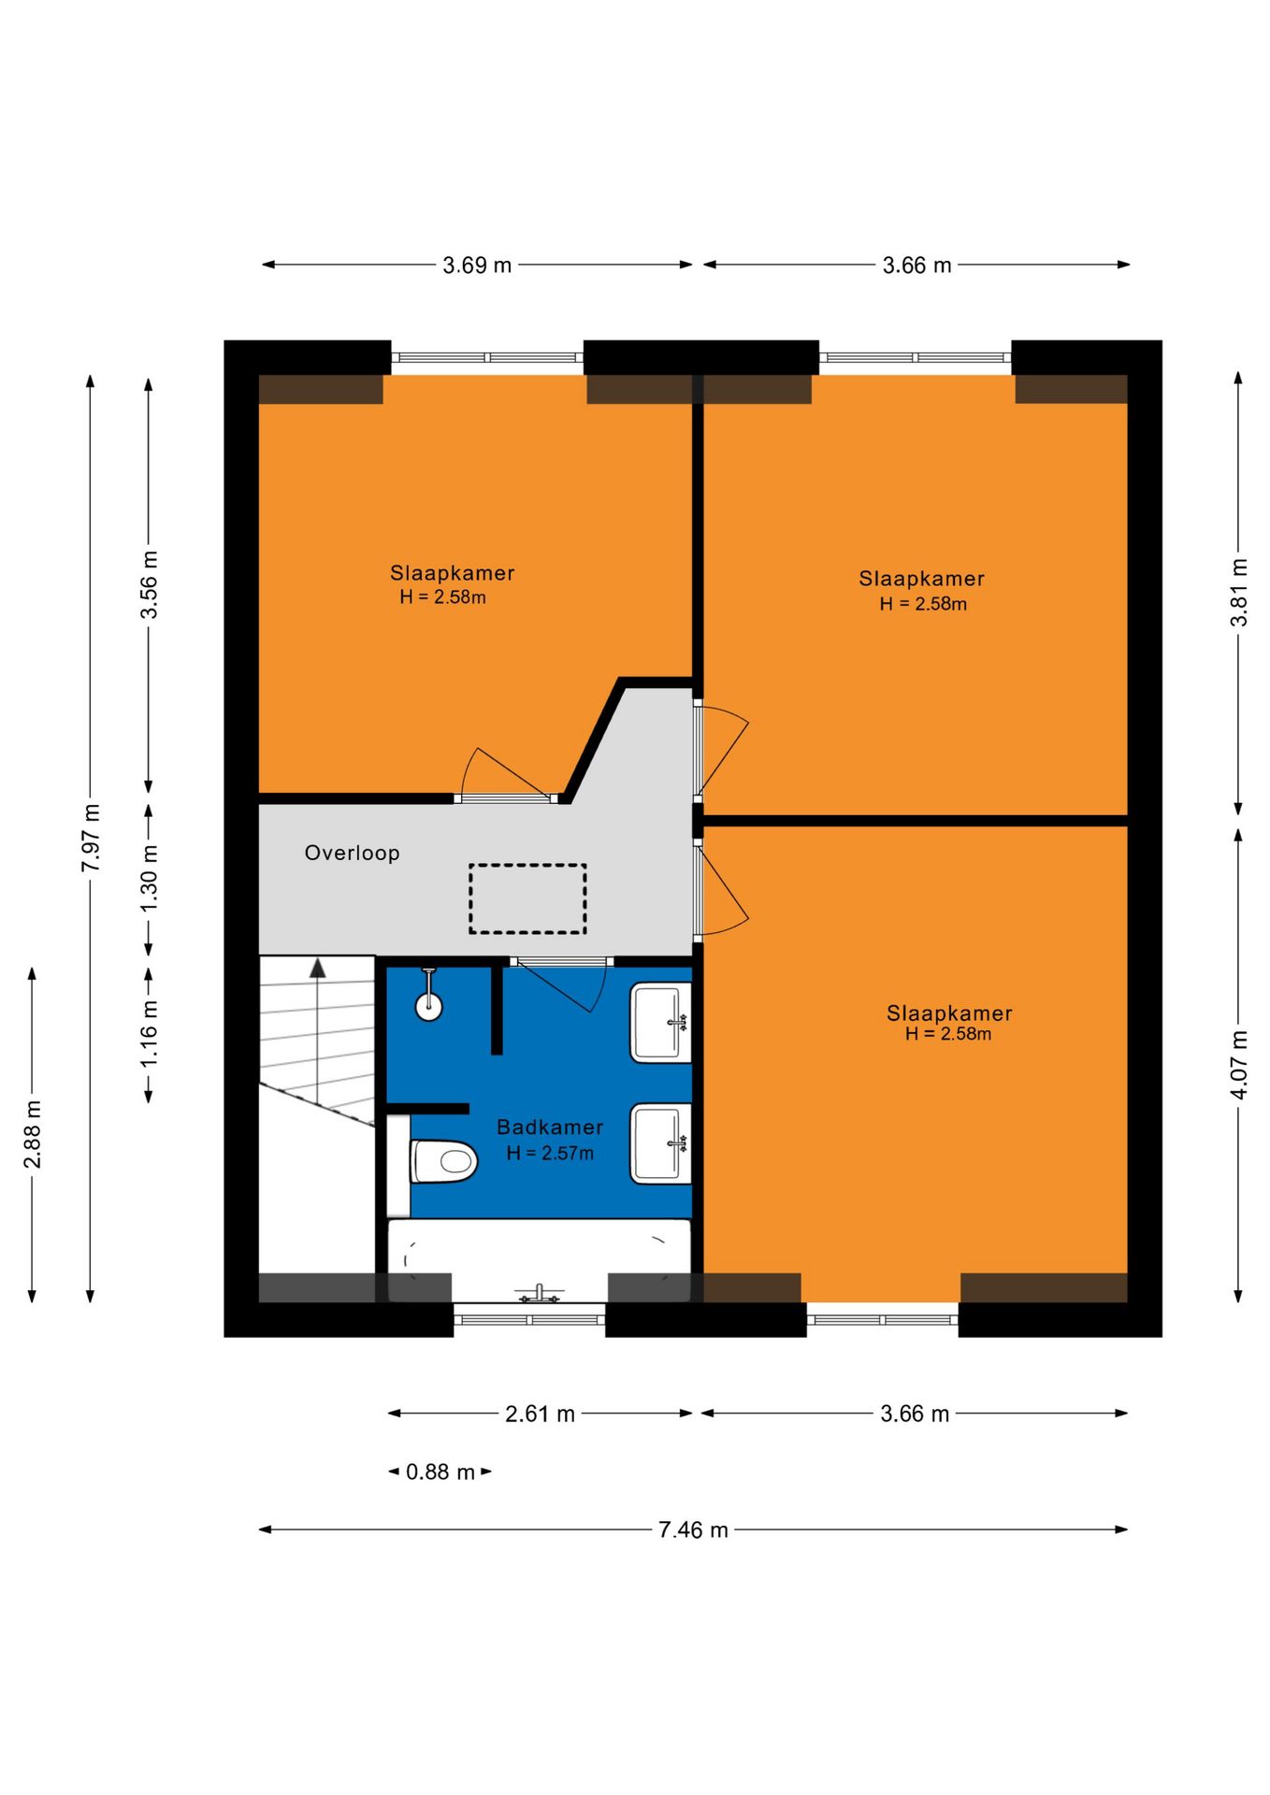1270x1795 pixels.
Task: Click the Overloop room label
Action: coord(352,853)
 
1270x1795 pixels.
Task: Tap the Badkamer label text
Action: coord(550,1127)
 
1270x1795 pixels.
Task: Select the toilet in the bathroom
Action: coord(444,1161)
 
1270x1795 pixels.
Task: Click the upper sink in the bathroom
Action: coord(660,1022)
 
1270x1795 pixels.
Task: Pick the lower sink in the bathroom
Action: coord(660,1143)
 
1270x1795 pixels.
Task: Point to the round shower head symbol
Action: coord(428,1006)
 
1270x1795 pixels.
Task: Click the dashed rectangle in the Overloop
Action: coord(527,898)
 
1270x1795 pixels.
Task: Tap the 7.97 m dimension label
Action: coord(91,838)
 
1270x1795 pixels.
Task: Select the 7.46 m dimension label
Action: coord(693,1529)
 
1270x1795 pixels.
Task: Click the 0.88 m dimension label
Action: coord(440,1472)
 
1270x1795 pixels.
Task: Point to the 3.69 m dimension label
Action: coord(477,265)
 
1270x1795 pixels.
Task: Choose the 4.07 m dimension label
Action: coord(1238,1065)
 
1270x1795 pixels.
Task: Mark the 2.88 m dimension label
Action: coord(33,1134)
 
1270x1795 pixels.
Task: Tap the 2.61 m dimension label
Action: coord(540,1414)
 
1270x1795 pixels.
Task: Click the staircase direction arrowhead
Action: coord(318,968)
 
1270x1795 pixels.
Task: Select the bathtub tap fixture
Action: coord(540,1294)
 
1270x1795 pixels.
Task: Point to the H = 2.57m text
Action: coord(550,1153)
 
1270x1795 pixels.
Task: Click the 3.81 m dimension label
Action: coord(1238,593)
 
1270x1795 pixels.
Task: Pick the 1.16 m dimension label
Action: coord(149,1033)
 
